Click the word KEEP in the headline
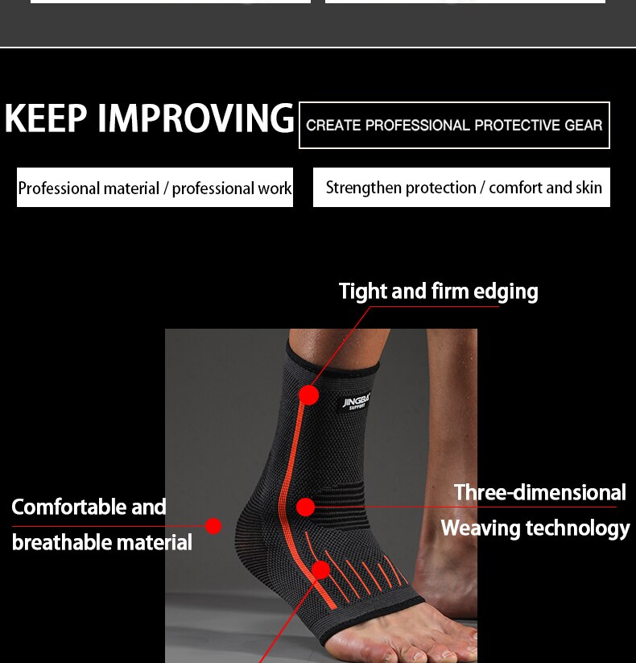click(45, 118)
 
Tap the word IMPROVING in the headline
click(196, 118)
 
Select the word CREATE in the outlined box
click(332, 126)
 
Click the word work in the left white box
click(275, 189)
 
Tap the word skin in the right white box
click(588, 188)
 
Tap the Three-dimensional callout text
click(539, 492)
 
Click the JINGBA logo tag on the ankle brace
click(355, 400)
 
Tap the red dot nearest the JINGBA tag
click(308, 395)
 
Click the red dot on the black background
click(213, 526)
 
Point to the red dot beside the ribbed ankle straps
click(305, 507)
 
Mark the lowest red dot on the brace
click(320, 570)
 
